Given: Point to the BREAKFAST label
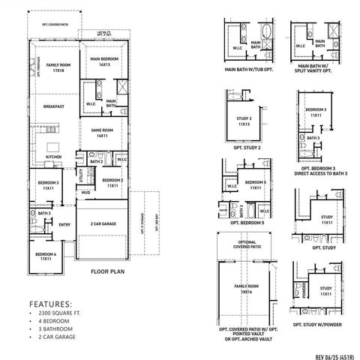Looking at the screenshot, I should pos(54,107).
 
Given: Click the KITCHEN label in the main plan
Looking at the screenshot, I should pos(53,157).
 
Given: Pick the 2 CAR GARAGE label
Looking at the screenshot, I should pos(103,224).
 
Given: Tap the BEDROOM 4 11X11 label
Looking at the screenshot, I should pos(45,256).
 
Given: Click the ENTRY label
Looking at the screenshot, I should pos(64,223).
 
